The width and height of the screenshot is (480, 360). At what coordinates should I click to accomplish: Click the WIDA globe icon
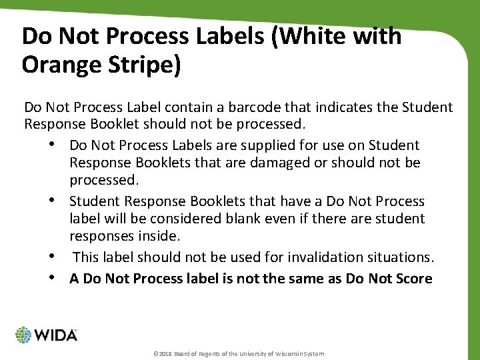coord(23,335)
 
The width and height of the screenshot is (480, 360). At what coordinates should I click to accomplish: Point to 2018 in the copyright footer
coord(163,353)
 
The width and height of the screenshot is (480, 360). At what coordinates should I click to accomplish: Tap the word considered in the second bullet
coord(153,219)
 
